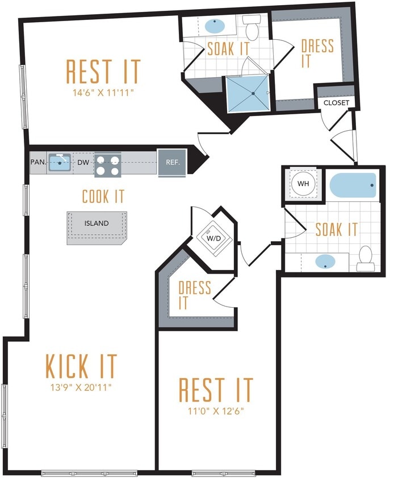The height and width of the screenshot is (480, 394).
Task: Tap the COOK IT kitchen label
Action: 103,197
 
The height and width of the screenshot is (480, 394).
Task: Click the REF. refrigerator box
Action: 173,162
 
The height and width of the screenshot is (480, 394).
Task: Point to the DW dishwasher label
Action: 83,163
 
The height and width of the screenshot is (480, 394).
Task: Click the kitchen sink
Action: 59,163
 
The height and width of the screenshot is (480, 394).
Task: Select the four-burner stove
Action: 107,164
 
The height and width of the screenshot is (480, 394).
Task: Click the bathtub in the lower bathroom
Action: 353,185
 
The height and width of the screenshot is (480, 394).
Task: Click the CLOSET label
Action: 336,103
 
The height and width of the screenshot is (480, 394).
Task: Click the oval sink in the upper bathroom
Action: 213,26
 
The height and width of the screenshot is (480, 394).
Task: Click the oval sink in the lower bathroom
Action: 325,262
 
